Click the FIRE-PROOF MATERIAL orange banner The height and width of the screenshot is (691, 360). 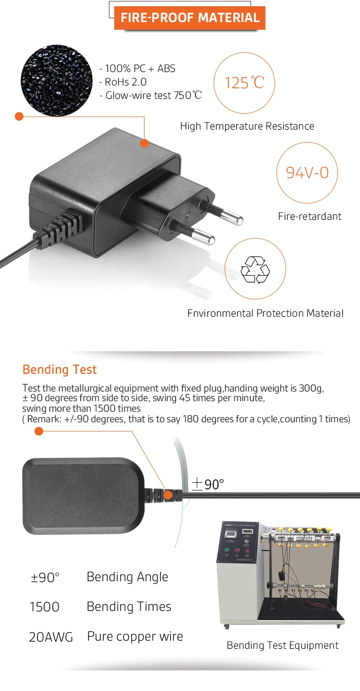(x=190, y=18)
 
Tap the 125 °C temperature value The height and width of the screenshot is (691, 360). (x=244, y=83)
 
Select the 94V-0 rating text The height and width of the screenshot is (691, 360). (x=307, y=173)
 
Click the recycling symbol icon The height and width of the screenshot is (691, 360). (x=255, y=270)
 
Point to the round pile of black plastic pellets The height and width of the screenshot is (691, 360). (x=57, y=81)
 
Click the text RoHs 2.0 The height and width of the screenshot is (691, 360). (x=123, y=82)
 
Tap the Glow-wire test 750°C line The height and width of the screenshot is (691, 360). (x=151, y=95)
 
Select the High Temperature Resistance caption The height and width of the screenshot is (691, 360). (x=247, y=126)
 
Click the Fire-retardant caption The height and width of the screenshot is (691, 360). (x=310, y=216)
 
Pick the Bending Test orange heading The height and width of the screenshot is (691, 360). (x=60, y=369)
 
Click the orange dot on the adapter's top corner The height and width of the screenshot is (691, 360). (x=144, y=143)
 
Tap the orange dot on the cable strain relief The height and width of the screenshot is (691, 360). (x=168, y=495)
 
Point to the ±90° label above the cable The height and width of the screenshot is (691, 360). (x=208, y=484)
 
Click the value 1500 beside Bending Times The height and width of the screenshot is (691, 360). (x=45, y=607)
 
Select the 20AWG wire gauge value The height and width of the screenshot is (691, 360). (x=51, y=637)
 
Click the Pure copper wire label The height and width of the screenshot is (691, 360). (x=135, y=637)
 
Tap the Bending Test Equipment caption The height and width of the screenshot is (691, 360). (x=283, y=645)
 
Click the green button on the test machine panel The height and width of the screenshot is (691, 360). (x=227, y=550)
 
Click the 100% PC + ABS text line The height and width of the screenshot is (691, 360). (x=137, y=69)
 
